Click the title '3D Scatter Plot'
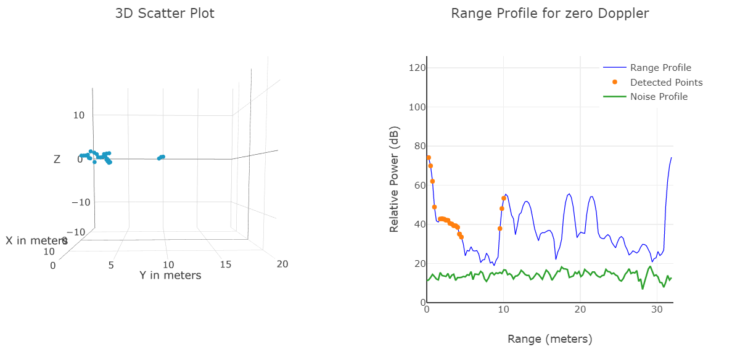coord(165,13)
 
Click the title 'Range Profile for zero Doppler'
coord(549,13)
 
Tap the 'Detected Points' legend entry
coord(665,82)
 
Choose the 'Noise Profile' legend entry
coord(658,97)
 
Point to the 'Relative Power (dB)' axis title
coord(394,179)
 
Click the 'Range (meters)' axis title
coord(549,339)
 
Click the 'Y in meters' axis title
coord(170,276)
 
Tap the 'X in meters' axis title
coord(36,240)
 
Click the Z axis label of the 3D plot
coord(57,159)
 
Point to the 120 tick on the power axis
coord(417,68)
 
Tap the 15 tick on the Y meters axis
coord(226,264)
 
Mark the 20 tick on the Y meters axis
coord(282,264)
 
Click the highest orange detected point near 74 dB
coord(429,158)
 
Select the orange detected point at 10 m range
coord(504,198)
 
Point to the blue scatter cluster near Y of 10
coord(161,157)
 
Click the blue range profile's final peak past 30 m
coord(671,158)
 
